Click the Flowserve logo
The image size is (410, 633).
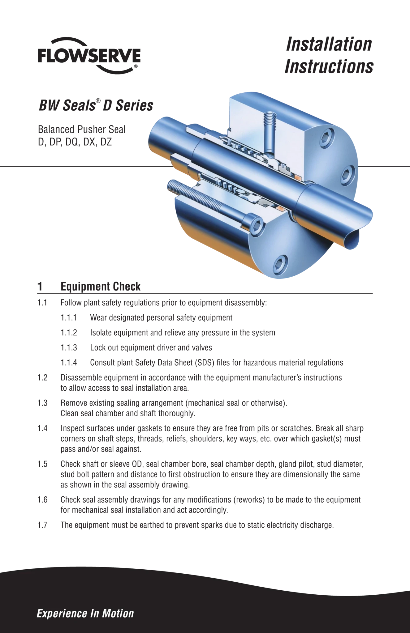pyautogui.click(x=89, y=56)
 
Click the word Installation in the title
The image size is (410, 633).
pyautogui.click(x=329, y=44)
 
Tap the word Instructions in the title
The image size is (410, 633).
pyautogui.click(x=329, y=66)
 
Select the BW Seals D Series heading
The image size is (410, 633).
pyautogui.click(x=96, y=105)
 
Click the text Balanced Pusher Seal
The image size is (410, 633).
pyautogui.click(x=82, y=129)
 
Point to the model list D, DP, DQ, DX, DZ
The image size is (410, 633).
pyautogui.click(x=75, y=142)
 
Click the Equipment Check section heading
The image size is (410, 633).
pyautogui.click(x=101, y=287)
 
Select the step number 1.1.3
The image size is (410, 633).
pyautogui.click(x=69, y=348)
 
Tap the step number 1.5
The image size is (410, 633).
pyautogui.click(x=42, y=464)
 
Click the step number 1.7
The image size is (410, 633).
pyautogui.click(x=42, y=525)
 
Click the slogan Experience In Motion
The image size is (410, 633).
pyautogui.click(x=85, y=614)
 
